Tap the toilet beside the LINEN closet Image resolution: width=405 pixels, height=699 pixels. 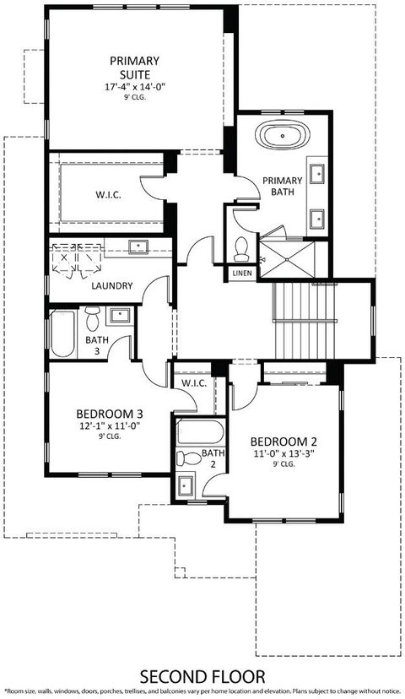(240, 247)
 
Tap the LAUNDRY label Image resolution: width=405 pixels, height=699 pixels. (111, 285)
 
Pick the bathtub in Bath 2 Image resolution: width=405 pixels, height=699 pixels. (200, 434)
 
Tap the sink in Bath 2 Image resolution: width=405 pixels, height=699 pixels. (185, 485)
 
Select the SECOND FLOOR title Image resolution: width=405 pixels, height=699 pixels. (202, 676)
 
